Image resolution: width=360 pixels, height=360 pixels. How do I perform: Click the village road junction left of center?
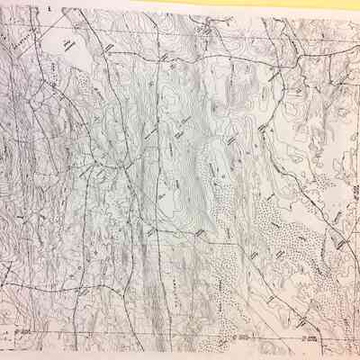pos(117,166)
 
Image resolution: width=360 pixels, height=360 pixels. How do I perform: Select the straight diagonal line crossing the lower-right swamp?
pos(270,270)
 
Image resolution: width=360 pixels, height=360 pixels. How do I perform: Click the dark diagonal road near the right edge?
pos(337,238)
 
